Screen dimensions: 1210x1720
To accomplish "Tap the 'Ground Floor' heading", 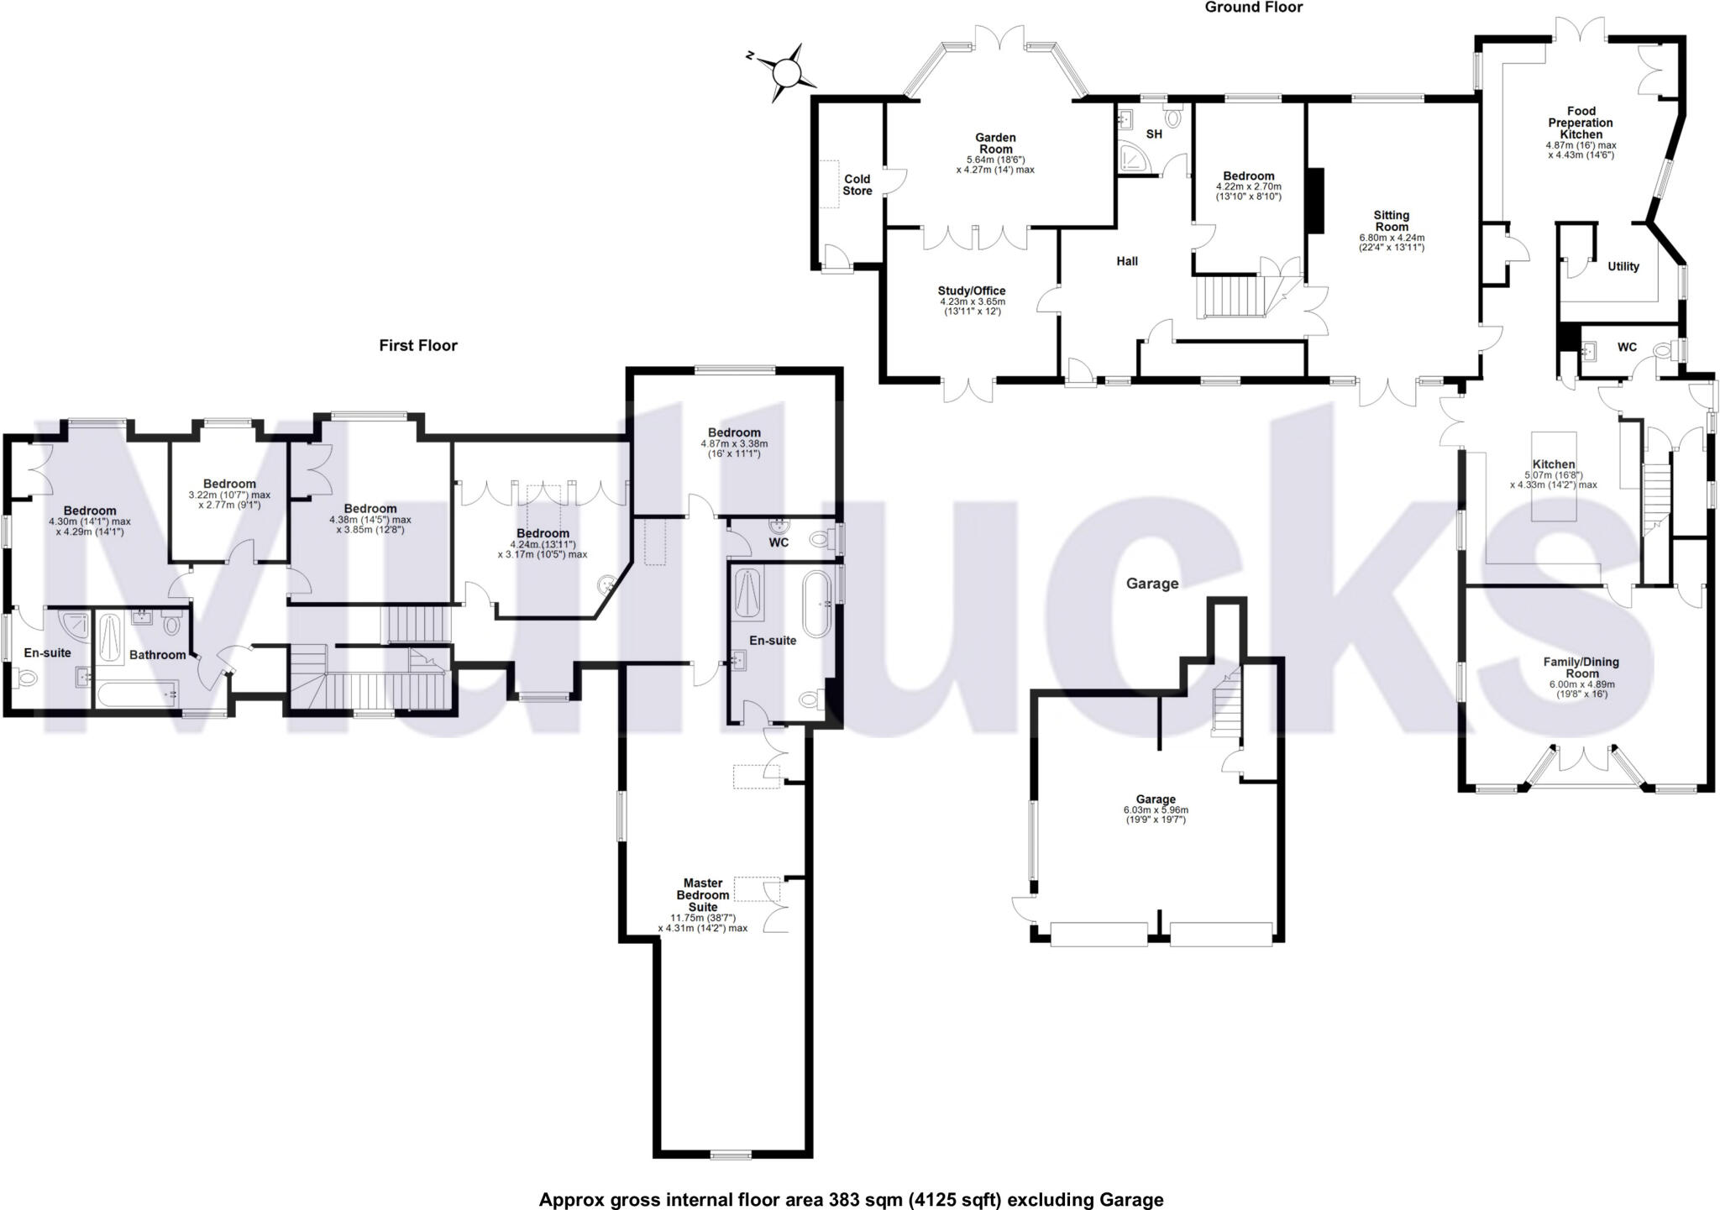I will [1254, 8].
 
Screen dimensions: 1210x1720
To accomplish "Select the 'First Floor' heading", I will [418, 345].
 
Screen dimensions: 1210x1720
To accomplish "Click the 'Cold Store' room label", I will [857, 185].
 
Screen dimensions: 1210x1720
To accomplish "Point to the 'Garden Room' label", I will [995, 143].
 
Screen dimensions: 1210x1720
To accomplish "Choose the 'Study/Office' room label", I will [972, 291].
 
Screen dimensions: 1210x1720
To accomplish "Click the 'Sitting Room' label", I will [1392, 221].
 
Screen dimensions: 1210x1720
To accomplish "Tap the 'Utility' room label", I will [1623, 266].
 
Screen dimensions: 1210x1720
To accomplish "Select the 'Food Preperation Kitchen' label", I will [1581, 123].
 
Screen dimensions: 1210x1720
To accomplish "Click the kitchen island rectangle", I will [1553, 476].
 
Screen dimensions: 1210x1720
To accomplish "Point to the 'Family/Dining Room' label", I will [1581, 668].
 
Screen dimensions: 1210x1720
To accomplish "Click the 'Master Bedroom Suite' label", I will [703, 895].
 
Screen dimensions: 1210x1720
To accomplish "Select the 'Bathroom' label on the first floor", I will [157, 655].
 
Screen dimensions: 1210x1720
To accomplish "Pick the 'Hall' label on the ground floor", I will [1127, 261].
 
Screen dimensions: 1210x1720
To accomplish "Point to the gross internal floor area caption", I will [851, 1200].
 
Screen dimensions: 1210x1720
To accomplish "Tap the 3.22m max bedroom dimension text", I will [229, 495].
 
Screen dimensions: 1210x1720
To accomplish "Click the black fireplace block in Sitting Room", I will [1317, 201].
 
